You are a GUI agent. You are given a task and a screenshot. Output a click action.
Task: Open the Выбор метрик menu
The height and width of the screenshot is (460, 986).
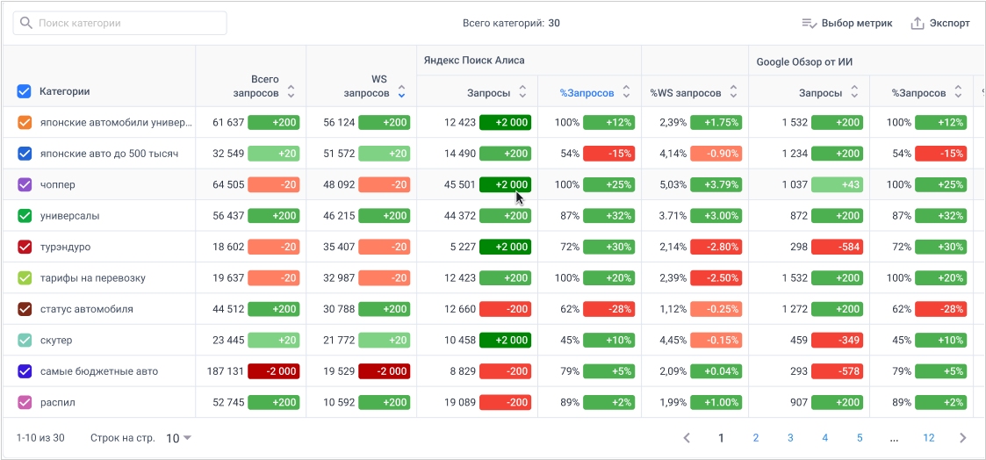pyautogui.click(x=846, y=23)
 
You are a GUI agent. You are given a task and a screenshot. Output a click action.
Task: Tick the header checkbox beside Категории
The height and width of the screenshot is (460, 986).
pyautogui.click(x=25, y=91)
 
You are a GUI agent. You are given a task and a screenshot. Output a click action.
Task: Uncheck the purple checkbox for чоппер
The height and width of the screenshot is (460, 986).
pyautogui.click(x=25, y=185)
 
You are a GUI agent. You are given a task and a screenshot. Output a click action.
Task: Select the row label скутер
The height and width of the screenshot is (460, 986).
pyautogui.click(x=56, y=340)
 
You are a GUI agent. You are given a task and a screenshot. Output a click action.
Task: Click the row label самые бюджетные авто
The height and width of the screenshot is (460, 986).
pyautogui.click(x=99, y=371)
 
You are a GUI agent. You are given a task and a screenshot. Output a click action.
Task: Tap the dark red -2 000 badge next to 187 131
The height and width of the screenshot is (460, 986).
pyautogui.click(x=274, y=371)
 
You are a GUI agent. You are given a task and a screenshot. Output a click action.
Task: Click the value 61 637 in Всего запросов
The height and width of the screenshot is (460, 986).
pyautogui.click(x=228, y=123)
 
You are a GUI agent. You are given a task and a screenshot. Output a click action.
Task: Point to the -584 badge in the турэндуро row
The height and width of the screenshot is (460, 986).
pyautogui.click(x=837, y=247)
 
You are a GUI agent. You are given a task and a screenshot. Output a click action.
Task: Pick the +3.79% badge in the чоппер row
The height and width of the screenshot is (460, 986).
pyautogui.click(x=716, y=185)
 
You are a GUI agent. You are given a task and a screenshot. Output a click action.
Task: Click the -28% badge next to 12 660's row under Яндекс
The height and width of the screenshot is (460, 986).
pyautogui.click(x=608, y=309)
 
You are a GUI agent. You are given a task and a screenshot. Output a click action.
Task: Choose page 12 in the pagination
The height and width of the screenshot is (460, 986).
pyautogui.click(x=929, y=438)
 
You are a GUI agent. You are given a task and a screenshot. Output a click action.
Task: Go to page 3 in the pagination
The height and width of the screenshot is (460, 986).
pyautogui.click(x=790, y=438)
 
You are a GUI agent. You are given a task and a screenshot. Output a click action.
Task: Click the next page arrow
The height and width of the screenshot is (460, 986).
pyautogui.click(x=962, y=438)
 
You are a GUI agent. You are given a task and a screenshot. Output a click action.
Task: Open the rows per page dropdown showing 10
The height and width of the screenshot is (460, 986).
pyautogui.click(x=179, y=438)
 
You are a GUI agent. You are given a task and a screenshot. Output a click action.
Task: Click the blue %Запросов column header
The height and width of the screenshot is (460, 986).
pyautogui.click(x=587, y=92)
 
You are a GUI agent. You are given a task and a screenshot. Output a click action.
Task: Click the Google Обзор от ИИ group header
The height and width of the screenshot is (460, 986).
pyautogui.click(x=805, y=61)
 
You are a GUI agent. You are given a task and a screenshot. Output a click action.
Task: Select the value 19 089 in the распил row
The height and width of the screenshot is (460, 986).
pyautogui.click(x=460, y=402)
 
